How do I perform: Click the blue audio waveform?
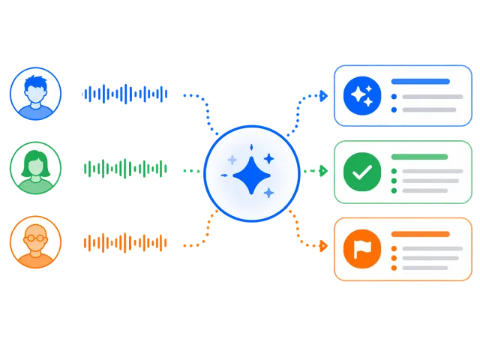pos(124,94)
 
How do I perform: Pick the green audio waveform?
pos(124,169)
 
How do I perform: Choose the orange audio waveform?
pos(124,242)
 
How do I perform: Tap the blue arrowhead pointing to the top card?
pos(323,96)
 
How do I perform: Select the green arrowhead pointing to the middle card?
pos(323,171)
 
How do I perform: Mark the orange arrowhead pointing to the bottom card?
pos(323,245)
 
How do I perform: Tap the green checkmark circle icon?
pos(362,172)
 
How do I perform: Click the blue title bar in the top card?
pos(420,81)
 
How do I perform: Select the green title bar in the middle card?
pos(420,157)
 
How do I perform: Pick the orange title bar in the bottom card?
pos(420,234)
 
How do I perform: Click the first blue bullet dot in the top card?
pos(394,97)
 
